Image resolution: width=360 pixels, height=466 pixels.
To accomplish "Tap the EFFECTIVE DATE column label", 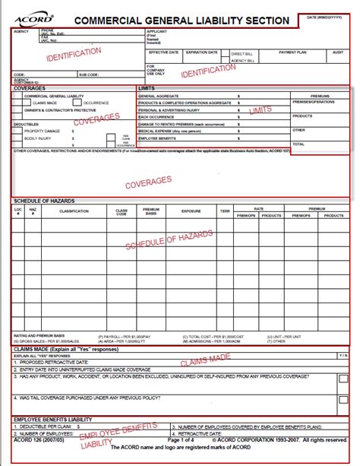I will [x=163, y=52].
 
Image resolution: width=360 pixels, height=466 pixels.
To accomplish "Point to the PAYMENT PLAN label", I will [x=292, y=52].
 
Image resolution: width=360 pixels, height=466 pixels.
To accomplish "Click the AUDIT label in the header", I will [x=338, y=52].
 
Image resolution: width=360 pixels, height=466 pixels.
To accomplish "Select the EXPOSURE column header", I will [x=191, y=213].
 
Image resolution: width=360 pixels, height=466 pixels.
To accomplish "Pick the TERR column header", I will [x=225, y=213].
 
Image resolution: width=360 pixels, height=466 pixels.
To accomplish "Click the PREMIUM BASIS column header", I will [x=152, y=213].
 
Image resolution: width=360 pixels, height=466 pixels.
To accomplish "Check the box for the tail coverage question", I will [x=343, y=398].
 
